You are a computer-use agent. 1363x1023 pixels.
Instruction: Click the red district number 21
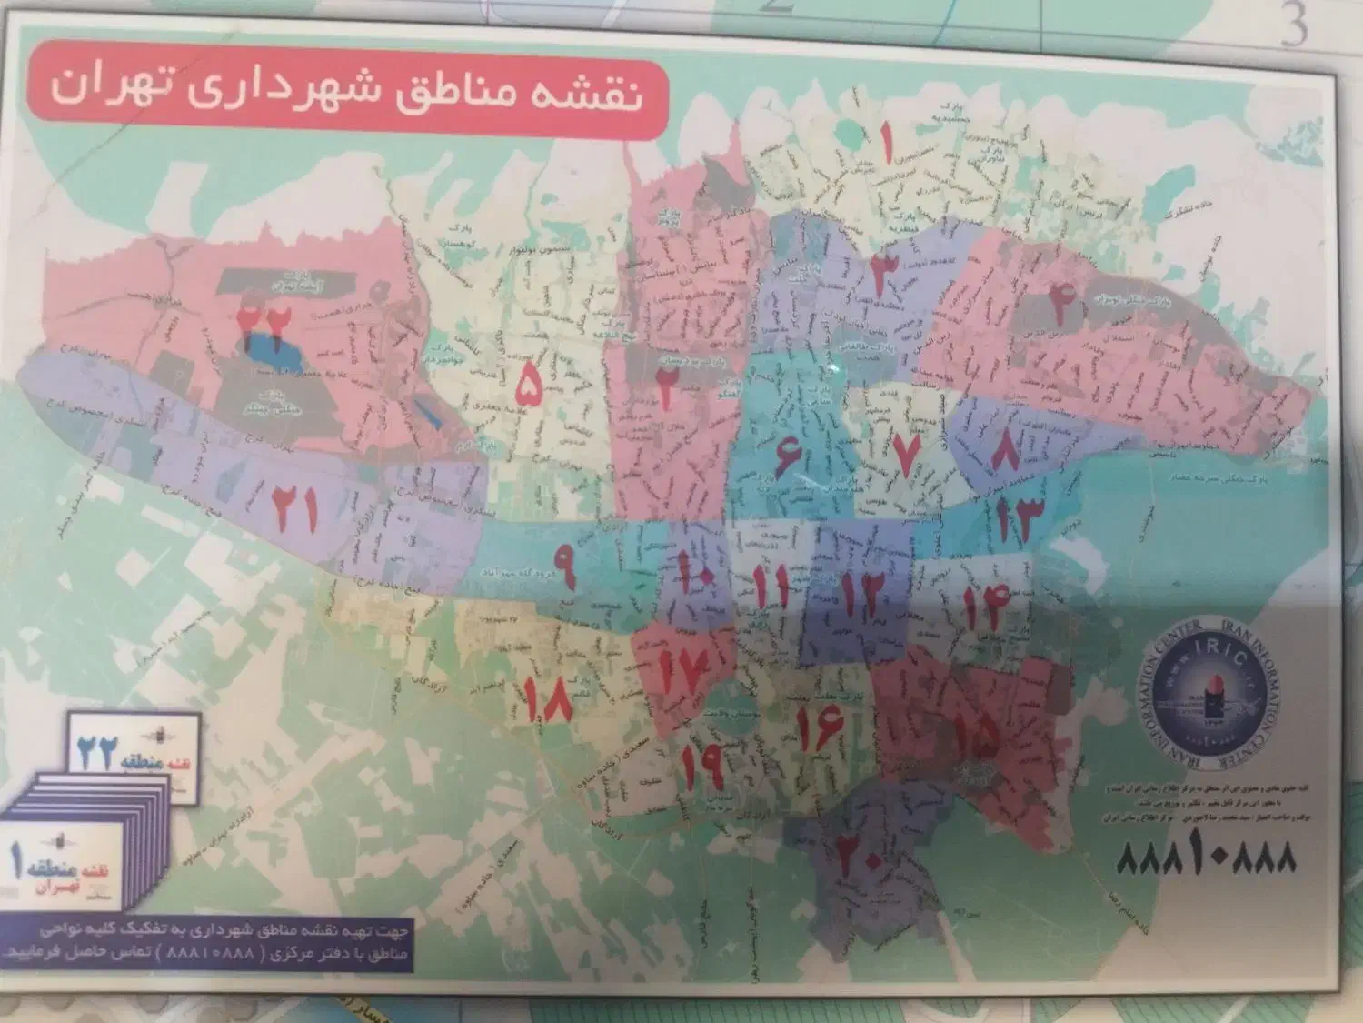click(296, 509)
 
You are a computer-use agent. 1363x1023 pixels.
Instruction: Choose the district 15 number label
click(975, 728)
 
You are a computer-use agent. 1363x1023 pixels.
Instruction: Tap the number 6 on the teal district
click(788, 455)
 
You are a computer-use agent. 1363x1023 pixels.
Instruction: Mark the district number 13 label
click(1016, 520)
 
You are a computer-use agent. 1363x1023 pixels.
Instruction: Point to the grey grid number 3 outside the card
click(1294, 25)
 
